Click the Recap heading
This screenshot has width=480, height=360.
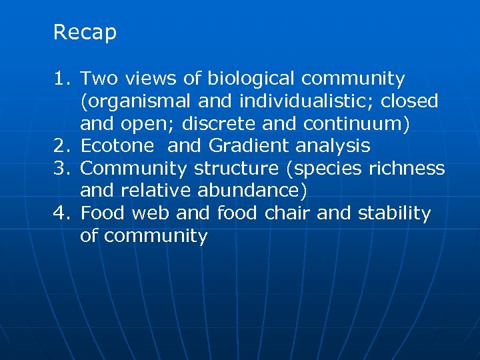[85, 33]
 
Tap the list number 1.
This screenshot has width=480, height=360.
[61, 79]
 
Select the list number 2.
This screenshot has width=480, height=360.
[61, 146]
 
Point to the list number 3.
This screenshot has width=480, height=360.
[61, 169]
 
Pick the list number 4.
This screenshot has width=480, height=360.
[61, 213]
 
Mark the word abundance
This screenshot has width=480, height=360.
[251, 191]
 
